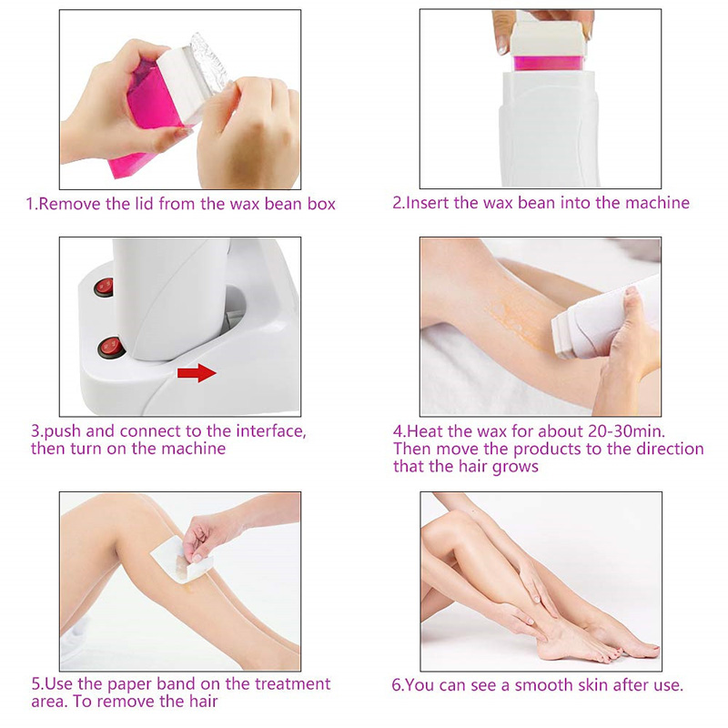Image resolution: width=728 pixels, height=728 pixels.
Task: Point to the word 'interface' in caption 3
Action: point(260,430)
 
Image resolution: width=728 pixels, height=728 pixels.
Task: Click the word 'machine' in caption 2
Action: point(658,203)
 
